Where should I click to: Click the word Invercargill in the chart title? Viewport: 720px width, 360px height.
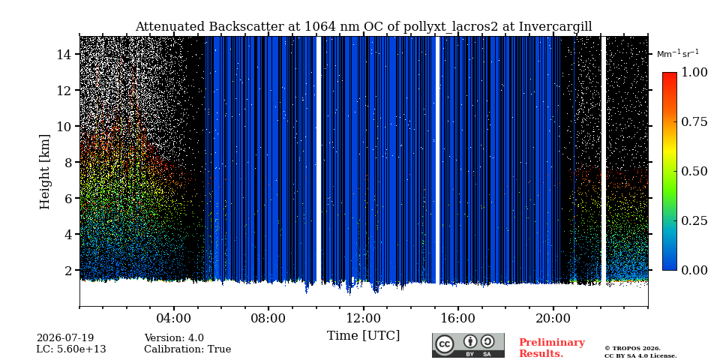pos(555,27)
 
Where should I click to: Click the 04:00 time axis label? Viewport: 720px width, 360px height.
pos(174,318)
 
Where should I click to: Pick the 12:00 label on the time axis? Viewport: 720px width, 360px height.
pos(363,318)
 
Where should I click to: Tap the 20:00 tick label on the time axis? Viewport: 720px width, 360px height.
pos(553,318)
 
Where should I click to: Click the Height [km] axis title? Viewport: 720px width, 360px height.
pos(44,172)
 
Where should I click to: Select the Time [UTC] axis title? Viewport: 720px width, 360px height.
pos(363,336)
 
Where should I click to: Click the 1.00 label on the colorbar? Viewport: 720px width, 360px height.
pos(694,72)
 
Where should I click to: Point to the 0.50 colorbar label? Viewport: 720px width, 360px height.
pos(694,171)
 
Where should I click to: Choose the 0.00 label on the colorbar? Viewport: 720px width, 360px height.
pos(694,270)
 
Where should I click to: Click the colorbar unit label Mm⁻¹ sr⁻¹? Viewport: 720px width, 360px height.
pos(678,53)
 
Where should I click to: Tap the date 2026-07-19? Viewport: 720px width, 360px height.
pos(65,338)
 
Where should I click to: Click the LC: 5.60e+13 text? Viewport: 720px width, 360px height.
pos(71,349)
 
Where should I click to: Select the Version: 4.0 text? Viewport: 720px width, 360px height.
pos(174,338)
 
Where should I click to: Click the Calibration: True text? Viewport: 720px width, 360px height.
pos(187,349)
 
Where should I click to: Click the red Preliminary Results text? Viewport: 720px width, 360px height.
pos(552,347)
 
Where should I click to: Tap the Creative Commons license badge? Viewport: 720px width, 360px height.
pos(468,345)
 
